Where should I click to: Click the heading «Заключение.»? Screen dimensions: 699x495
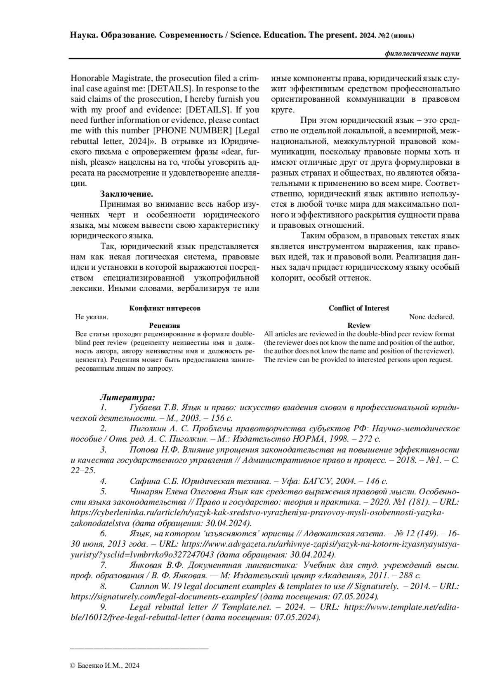[127, 194]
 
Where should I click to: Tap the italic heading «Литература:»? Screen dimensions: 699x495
[127, 397]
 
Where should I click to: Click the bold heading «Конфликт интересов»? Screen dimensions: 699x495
[165, 308]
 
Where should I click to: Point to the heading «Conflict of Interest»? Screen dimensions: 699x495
[359, 308]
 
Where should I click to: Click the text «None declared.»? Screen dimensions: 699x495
[431, 317]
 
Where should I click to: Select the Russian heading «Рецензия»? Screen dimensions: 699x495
[165, 325]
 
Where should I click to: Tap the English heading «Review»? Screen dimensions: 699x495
[359, 325]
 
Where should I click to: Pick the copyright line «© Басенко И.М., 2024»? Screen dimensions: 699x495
[105, 665]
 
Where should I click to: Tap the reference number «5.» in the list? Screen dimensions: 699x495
[103, 491]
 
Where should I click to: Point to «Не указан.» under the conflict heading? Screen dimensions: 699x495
[92, 317]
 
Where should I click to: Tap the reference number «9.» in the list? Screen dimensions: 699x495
[103, 607]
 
